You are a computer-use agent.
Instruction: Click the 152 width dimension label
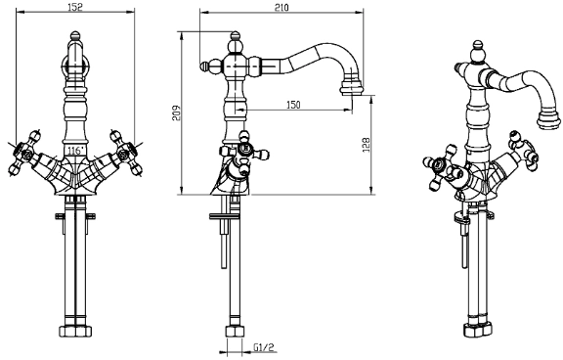74,7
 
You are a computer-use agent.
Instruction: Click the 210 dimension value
281,7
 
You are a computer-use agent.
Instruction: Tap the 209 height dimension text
176,112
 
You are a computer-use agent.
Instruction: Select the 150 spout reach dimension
293,105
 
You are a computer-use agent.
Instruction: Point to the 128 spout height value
366,145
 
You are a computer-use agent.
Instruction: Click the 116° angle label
75,151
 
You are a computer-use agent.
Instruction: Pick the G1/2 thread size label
264,347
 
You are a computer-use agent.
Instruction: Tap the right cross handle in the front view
126,153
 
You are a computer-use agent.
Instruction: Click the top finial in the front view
74,35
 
